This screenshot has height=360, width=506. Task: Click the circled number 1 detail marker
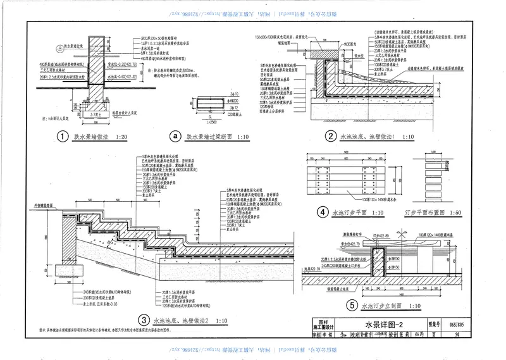(x=62, y=136)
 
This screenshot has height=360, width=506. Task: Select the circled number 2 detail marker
(x=330, y=136)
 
